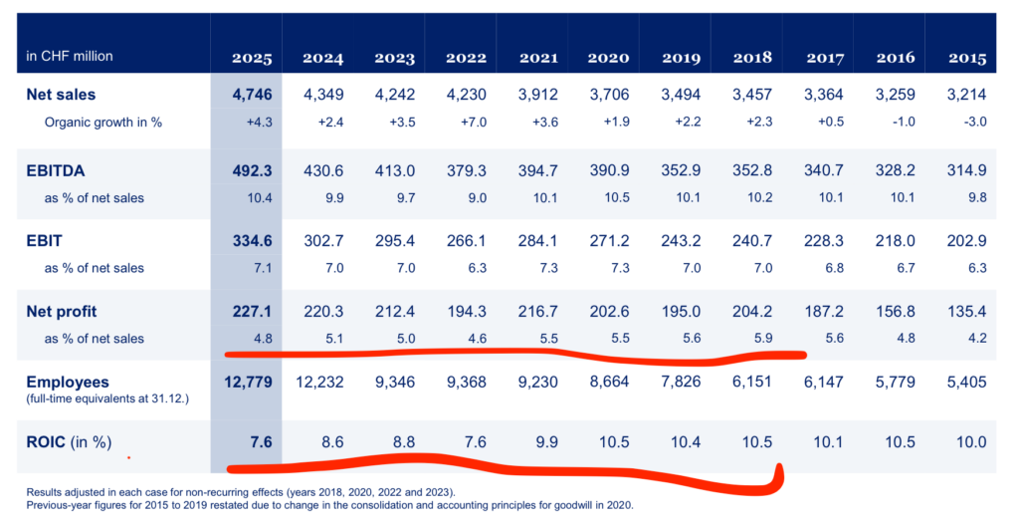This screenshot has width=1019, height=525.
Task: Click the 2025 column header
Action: (252, 58)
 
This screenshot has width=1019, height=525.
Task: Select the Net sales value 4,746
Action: (252, 96)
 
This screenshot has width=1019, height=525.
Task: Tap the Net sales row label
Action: (61, 96)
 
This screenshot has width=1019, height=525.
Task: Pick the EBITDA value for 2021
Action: (537, 171)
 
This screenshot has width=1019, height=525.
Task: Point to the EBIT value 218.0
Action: (895, 242)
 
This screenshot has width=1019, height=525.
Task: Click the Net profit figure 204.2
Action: (751, 313)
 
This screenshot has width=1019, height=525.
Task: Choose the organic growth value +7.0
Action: (466, 123)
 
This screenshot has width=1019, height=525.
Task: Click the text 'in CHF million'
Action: (70, 56)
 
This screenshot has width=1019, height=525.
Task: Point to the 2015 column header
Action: (966, 58)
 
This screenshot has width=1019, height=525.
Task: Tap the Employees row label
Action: (68, 383)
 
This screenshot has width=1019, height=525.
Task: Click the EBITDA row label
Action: (58, 171)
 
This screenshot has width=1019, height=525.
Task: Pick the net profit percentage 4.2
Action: (976, 339)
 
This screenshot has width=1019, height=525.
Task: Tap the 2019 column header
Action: (681, 58)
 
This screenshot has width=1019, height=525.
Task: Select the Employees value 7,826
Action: (681, 383)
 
